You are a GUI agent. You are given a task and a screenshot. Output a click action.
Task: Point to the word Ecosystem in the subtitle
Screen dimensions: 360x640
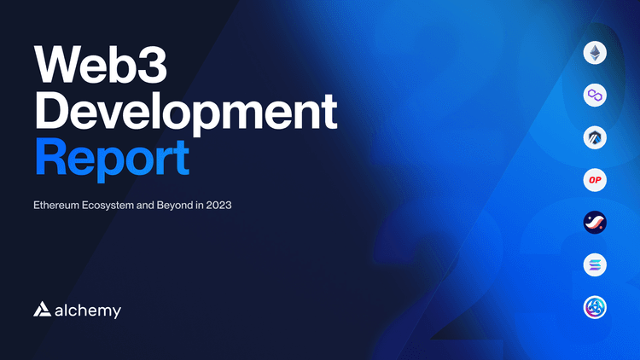[117, 206]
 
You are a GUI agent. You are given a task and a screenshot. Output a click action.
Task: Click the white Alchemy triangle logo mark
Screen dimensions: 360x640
[44, 310]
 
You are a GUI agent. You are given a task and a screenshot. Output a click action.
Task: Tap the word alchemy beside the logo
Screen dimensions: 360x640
[90, 311]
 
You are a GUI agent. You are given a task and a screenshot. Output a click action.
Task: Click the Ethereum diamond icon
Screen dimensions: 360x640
[595, 53]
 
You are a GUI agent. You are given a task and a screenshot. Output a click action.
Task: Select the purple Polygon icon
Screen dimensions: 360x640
[595, 95]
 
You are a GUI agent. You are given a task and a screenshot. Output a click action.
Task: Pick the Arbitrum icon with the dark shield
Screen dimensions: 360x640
[595, 137]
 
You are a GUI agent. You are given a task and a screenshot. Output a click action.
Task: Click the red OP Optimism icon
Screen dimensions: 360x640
[595, 180]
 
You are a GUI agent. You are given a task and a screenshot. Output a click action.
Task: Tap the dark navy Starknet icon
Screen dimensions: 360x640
[595, 223]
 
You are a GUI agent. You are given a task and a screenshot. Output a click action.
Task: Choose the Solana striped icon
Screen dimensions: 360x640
[595, 265]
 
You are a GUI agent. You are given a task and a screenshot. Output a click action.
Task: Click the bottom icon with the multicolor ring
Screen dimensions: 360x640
[595, 307]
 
